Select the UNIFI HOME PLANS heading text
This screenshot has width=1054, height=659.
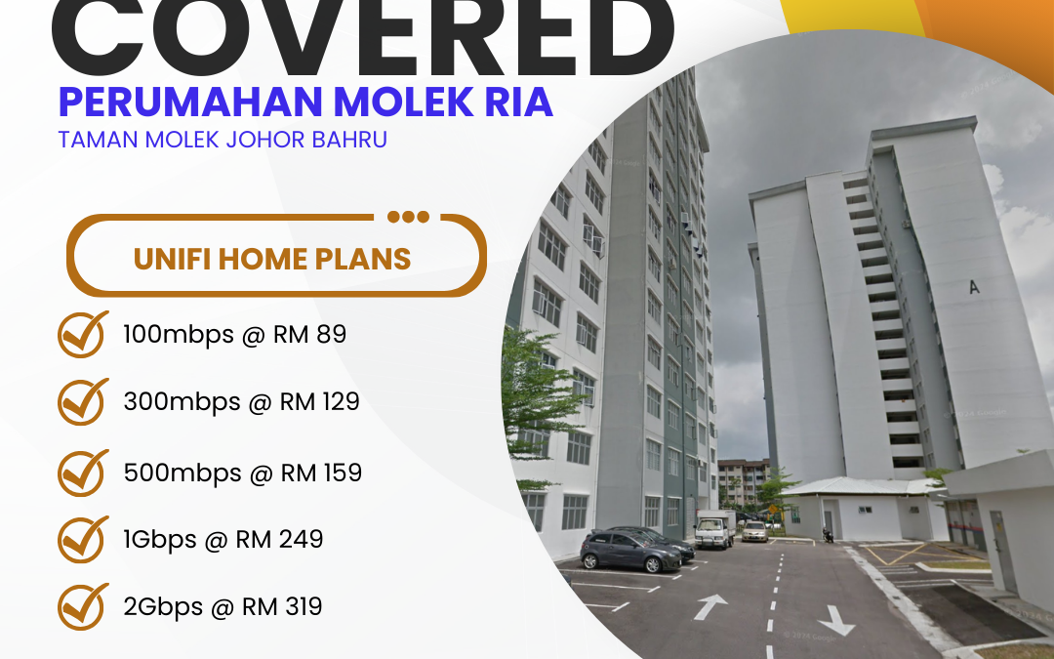tap(272, 259)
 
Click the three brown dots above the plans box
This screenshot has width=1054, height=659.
tap(408, 217)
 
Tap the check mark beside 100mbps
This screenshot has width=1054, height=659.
tap(84, 335)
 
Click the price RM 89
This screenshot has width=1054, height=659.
tap(313, 335)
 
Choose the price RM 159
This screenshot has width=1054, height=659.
tap(321, 473)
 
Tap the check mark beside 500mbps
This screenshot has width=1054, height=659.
tap(84, 473)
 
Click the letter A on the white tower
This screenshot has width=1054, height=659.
tap(973, 287)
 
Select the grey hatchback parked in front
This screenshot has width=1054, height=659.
tap(630, 551)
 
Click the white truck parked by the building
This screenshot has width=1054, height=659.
tap(714, 528)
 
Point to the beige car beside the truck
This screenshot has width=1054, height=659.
tap(754, 531)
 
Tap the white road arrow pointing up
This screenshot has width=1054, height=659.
tap(709, 606)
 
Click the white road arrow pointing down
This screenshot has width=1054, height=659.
tap(836, 619)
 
